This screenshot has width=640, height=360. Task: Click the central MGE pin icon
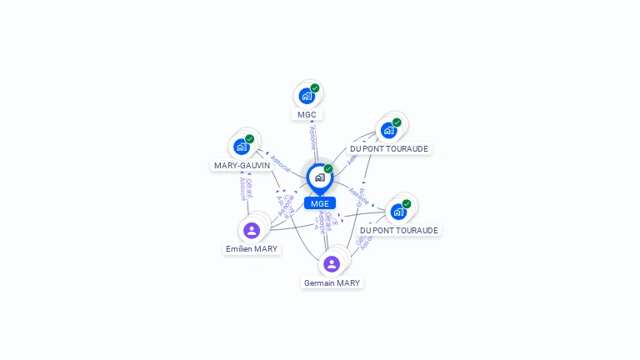(319, 177)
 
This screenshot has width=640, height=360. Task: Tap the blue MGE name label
(319, 203)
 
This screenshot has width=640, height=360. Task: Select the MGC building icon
(307, 96)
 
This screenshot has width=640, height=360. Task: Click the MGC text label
(307, 114)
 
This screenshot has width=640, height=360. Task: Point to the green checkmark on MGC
(315, 88)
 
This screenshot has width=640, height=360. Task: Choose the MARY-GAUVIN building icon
(242, 147)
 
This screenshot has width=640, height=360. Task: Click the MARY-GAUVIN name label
(242, 165)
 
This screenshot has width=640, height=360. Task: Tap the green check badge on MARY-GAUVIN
(250, 139)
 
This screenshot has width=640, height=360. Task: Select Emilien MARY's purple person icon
(252, 230)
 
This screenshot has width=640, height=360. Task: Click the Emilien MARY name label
(252, 248)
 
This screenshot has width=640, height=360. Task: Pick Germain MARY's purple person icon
(332, 264)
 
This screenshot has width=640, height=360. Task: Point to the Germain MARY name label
(332, 282)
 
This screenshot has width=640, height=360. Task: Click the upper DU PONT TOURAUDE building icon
(388, 130)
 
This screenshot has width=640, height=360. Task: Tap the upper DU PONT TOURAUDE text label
(389, 148)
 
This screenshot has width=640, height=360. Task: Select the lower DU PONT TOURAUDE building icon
(398, 212)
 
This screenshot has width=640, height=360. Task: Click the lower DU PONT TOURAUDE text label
(399, 230)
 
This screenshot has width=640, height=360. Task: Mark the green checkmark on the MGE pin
(328, 169)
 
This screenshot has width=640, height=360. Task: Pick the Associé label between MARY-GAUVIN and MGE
(280, 162)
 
